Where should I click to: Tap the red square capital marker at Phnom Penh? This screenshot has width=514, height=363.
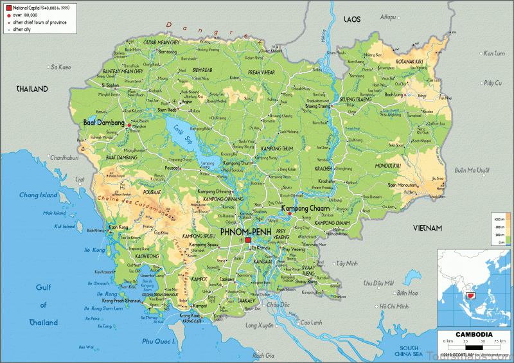click(248, 240)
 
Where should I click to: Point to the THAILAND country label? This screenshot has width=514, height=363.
click(33, 89)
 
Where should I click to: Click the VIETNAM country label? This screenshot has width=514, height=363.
click(428, 228)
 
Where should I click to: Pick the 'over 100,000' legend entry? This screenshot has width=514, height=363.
click(27, 14)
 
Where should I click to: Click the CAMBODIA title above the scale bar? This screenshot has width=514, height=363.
click(474, 334)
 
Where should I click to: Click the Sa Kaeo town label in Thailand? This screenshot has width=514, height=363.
click(61, 66)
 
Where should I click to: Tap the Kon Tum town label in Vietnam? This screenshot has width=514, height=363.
click(494, 53)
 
